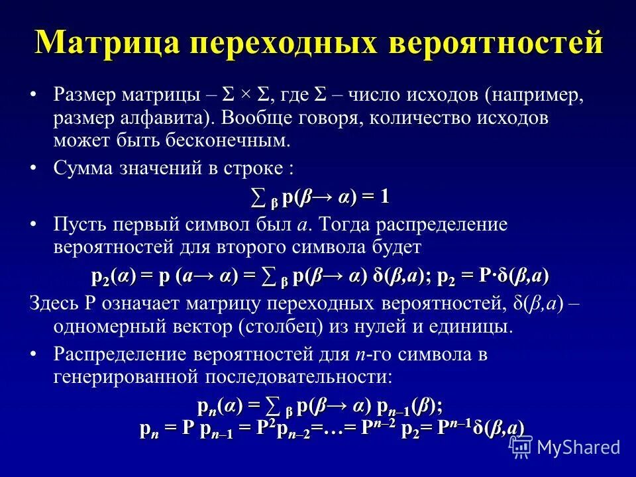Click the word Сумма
pyautogui.click(x=83, y=168)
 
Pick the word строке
pyautogui.click(x=256, y=168)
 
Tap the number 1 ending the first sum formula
pyautogui.click(x=385, y=197)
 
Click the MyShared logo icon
pyautogui.click(x=521, y=447)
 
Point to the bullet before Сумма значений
pyautogui.click(x=34, y=168)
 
